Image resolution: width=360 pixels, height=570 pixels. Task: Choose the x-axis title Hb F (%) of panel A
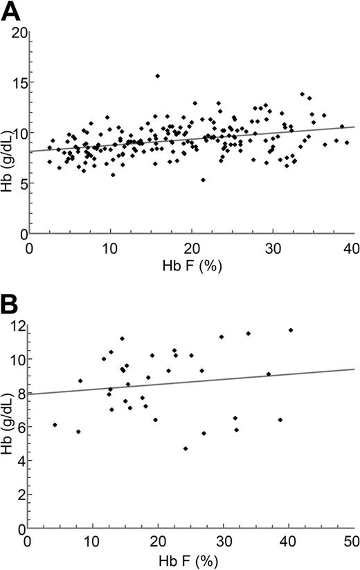pyautogui.click(x=190, y=266)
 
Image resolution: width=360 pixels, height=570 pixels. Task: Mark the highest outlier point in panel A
pyautogui.click(x=157, y=76)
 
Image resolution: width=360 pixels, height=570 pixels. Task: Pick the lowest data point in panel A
pyautogui.click(x=203, y=180)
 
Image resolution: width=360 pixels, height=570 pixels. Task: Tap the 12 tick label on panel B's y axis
pyautogui.click(x=16, y=326)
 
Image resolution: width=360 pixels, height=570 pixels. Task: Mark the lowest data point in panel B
pyautogui.click(x=186, y=448)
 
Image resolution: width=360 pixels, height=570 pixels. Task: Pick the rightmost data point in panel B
pyautogui.click(x=291, y=330)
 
